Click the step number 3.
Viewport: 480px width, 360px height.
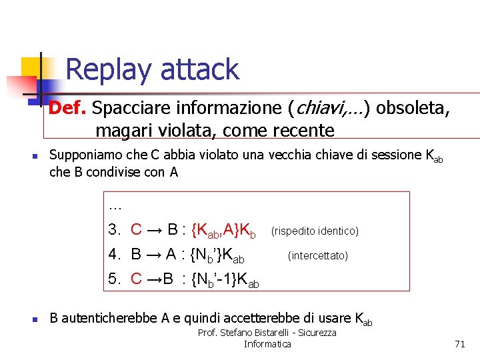click(114, 230)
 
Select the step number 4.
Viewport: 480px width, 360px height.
click(114, 254)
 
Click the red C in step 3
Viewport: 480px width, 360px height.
click(136, 230)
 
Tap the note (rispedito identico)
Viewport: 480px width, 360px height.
click(315, 231)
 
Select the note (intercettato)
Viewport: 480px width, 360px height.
click(317, 255)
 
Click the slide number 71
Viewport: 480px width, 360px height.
click(459, 344)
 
